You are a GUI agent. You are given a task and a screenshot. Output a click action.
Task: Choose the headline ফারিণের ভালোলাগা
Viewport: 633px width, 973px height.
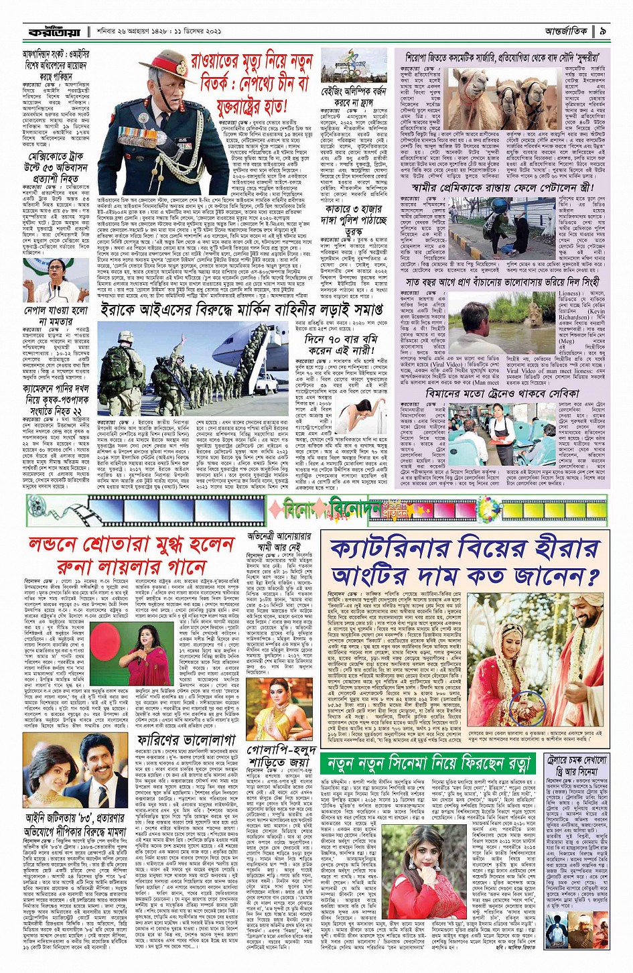(178, 739)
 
